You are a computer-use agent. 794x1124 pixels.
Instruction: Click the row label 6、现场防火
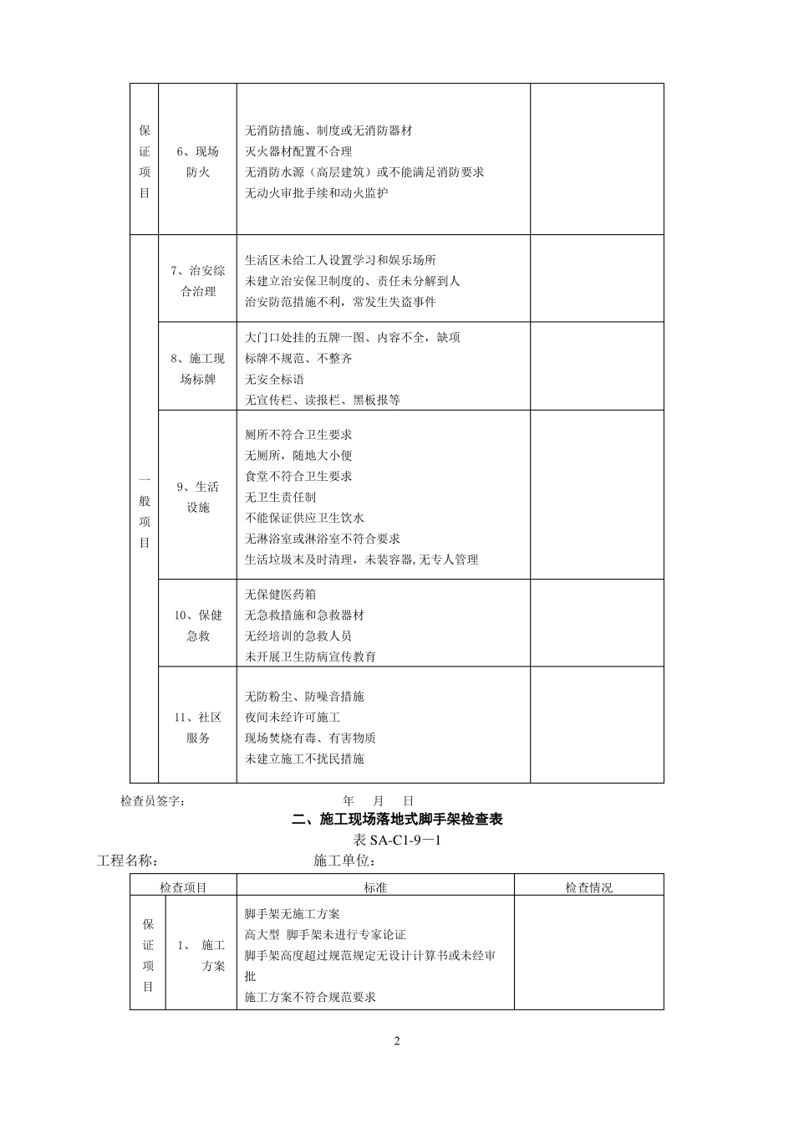tap(198, 161)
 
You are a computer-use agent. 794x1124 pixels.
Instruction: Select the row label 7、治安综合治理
tap(198, 281)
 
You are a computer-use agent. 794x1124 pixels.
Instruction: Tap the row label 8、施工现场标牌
tap(198, 368)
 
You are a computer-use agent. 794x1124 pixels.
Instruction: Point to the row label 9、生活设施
tap(198, 497)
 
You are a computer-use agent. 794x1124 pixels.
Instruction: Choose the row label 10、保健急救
tap(198, 625)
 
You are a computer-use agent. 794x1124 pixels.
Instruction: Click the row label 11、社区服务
tap(198, 728)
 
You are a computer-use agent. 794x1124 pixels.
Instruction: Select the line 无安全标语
tap(274, 379)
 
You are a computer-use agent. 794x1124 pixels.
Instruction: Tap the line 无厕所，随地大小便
tap(298, 455)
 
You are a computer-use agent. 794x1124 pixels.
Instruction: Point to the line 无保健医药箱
tap(280, 595)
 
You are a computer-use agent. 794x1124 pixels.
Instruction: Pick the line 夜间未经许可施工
tap(293, 717)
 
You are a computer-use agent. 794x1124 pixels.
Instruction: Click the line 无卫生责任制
tap(280, 497)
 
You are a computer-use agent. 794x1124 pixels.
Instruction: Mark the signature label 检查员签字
tap(153, 800)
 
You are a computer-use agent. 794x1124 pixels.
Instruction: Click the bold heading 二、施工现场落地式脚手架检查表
tap(397, 820)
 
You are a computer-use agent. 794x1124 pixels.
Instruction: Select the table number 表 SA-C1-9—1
tap(397, 840)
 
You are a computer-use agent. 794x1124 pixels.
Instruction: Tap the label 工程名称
tap(127, 861)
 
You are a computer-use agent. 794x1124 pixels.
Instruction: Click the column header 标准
tap(375, 887)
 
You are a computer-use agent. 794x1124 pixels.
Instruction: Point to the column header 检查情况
tap(588, 887)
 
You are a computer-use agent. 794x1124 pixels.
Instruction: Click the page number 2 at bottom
tap(397, 1041)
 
